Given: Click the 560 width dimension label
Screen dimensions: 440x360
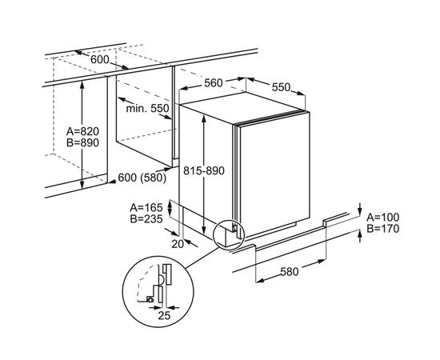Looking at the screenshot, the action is [214, 83].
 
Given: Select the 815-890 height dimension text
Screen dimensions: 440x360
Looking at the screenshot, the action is [204, 170].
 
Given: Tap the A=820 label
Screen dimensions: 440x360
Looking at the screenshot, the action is [82, 131].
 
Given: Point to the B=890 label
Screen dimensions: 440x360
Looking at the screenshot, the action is [82, 143].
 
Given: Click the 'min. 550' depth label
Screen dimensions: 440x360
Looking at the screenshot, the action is [148, 108].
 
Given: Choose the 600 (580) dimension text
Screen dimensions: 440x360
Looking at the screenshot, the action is [142, 178].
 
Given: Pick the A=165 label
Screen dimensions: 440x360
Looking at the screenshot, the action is [146, 208].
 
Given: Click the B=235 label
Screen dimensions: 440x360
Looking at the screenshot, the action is [146, 219].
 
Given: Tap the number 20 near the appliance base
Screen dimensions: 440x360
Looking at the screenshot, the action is [178, 244].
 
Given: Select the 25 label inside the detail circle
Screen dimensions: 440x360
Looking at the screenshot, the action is [164, 316].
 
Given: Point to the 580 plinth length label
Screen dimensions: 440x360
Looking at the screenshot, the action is [290, 272].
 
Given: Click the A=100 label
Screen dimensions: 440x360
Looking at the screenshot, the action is [383, 217].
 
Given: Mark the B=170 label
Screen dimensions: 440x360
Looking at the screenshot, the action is [383, 229].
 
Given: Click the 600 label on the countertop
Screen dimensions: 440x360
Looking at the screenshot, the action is [100, 59].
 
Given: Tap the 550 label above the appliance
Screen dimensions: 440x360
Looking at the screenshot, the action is [281, 87].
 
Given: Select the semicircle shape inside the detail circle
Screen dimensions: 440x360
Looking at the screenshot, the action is [162, 278].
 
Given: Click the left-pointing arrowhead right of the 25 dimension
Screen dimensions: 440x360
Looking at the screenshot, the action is [171, 308].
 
